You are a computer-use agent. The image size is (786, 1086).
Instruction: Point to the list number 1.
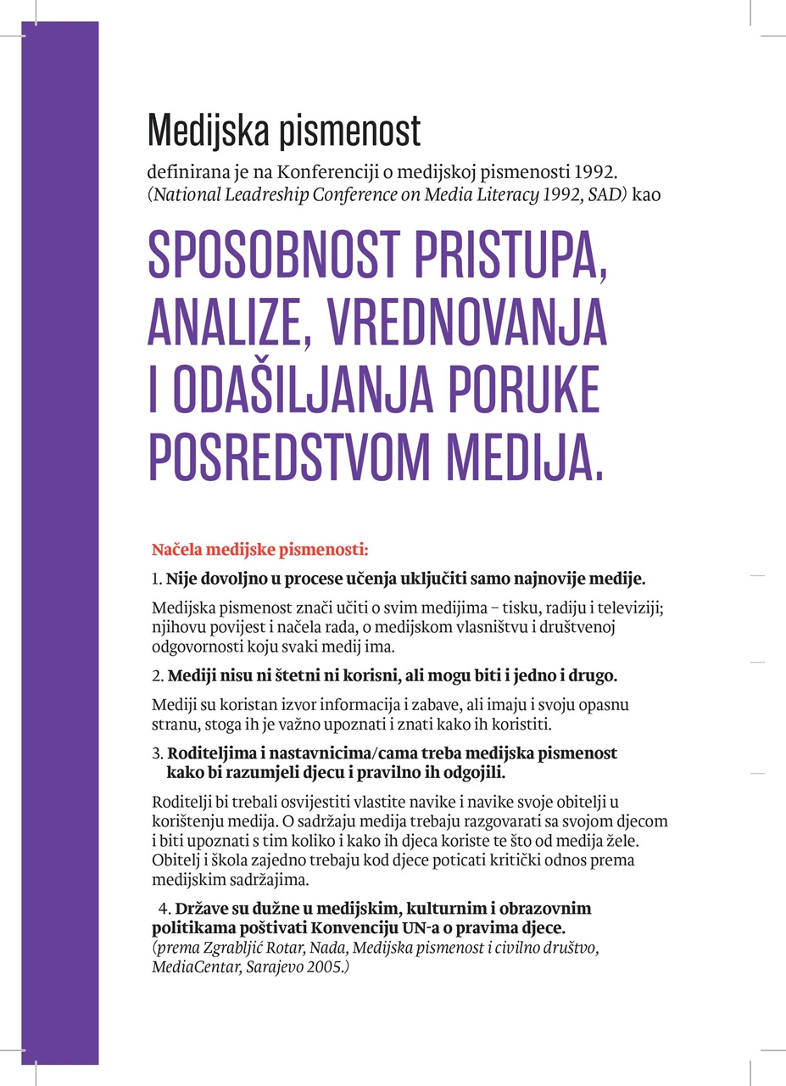coord(156,580)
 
